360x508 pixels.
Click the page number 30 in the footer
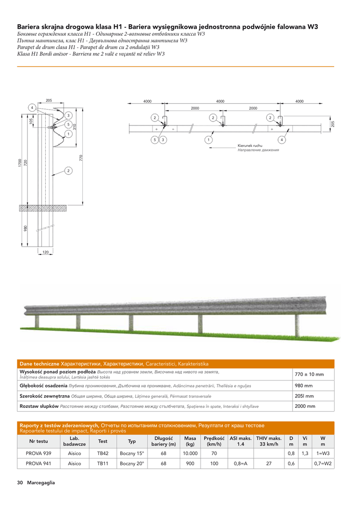(20, 483)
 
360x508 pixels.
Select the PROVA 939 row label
(39, 453)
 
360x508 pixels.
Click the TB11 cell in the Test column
(103, 464)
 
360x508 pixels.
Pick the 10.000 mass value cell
(190, 453)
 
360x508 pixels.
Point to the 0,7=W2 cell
(323, 464)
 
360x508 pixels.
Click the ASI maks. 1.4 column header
(240, 441)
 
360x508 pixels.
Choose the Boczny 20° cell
(132, 464)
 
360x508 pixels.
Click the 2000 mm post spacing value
(305, 406)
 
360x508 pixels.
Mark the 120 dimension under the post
(45, 253)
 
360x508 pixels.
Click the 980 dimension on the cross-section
(25, 228)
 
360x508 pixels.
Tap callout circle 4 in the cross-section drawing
(31, 108)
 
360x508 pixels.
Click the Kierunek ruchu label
(250, 146)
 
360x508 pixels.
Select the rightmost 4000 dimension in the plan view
(299, 101)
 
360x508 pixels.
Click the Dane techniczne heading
(39, 364)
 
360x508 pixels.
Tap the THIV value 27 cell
(268, 464)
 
